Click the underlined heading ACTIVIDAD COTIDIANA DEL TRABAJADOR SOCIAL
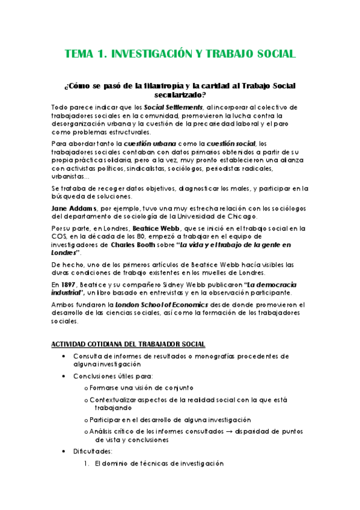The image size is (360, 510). [129, 343]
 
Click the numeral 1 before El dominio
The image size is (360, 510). [88, 464]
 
